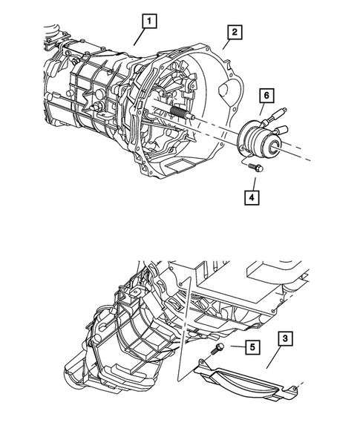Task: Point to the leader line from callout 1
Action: pyautogui.click(x=140, y=38)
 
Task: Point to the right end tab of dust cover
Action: pyautogui.click(x=298, y=386)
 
